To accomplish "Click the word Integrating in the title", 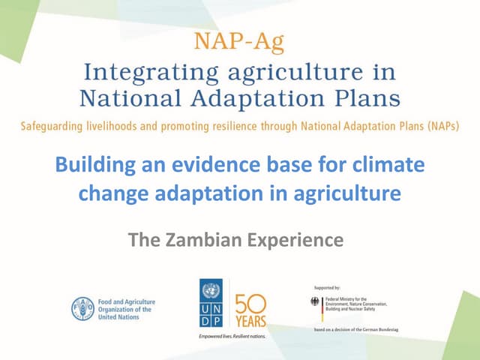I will (142, 73).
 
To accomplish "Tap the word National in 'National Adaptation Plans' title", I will (126, 98).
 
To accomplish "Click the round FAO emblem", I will (82, 308).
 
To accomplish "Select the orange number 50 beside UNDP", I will (250, 303).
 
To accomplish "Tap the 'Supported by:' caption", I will (326, 287).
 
